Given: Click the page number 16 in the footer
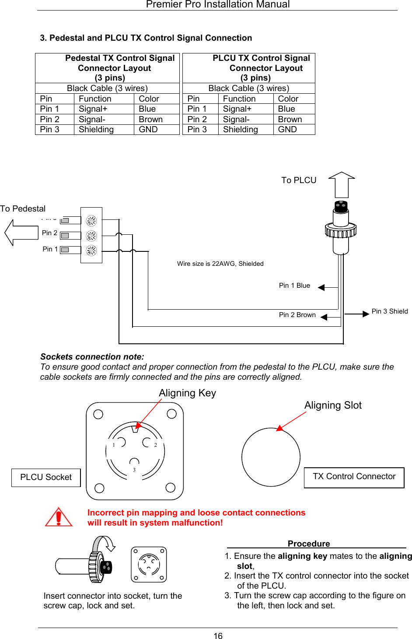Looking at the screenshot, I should coord(218,636).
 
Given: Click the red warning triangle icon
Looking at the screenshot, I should coord(59,517).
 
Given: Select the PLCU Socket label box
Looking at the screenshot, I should coord(46,477).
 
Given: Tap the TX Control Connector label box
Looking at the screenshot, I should coord(354,477).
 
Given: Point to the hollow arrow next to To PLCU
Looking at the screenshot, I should coord(342,185).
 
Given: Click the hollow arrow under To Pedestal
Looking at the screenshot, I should coord(21,232).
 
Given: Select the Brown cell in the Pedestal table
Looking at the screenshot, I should coord(150,120).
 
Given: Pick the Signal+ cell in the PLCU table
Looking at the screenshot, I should coord(237,109).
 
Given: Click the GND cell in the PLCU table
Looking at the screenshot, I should coord(287,130).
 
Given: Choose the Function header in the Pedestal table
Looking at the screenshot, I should coord(95,99).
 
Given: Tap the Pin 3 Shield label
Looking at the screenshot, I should coord(389,311).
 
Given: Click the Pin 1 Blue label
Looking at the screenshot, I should coord(294,286).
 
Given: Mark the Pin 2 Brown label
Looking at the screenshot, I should coord(297,315).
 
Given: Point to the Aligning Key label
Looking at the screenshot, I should coord(187,393).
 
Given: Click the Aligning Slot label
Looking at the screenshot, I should coord(333,405).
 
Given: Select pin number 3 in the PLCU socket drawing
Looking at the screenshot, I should coord(134,470).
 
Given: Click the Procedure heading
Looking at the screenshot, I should coord(309,544).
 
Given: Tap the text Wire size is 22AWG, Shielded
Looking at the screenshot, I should coord(220,264).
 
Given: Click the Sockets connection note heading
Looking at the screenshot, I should coord(92,357).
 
